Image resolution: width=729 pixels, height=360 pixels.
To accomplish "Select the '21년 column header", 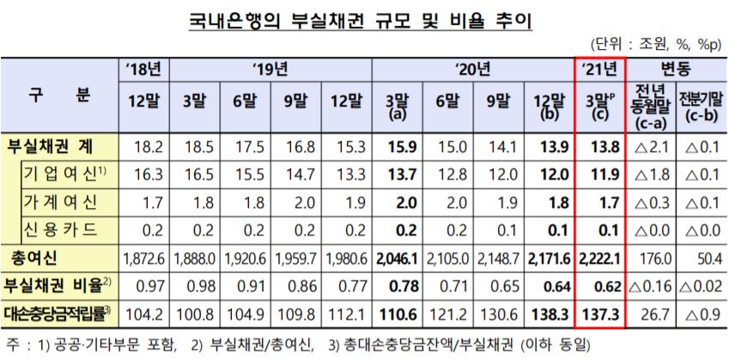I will pyautogui.click(x=598, y=68).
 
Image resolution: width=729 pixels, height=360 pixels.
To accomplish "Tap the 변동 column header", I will pyautogui.click(x=677, y=68).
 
